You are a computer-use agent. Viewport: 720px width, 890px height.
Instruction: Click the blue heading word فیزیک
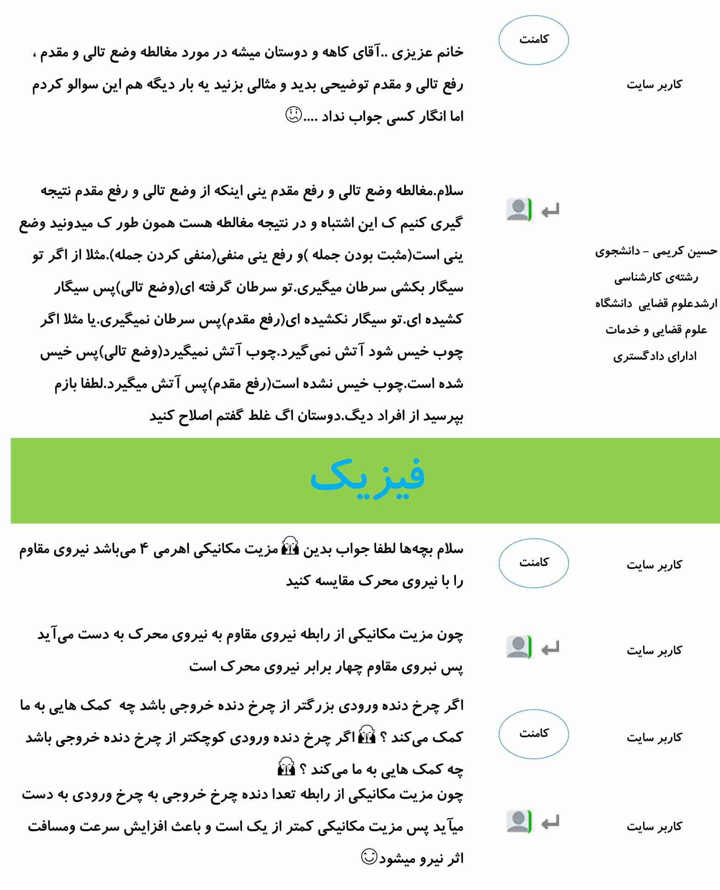click(368, 479)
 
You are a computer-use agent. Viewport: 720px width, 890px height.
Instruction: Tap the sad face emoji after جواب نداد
click(293, 115)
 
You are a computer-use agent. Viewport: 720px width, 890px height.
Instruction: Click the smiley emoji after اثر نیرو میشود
click(369, 856)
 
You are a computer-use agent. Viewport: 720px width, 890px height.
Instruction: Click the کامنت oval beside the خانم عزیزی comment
click(533, 40)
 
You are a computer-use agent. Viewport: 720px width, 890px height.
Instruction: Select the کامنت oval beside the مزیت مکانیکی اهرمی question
click(533, 563)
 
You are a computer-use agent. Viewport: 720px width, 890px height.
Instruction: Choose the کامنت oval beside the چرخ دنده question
click(533, 734)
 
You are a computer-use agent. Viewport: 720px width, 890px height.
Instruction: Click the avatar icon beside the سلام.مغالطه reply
click(518, 209)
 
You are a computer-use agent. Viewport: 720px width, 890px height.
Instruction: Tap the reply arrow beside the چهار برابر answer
click(550, 648)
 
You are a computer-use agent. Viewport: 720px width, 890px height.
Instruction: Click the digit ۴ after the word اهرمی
click(144, 549)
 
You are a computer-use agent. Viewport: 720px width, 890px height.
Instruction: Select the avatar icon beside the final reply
click(518, 822)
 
